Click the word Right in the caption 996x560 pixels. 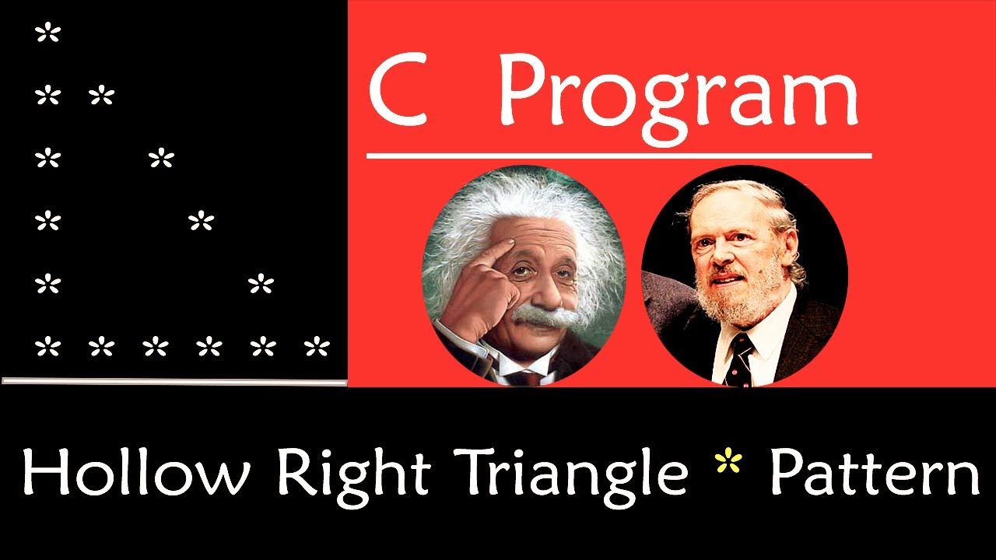[x=355, y=474]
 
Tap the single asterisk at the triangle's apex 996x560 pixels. [x=47, y=33]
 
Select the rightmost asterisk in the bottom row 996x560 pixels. [x=317, y=347]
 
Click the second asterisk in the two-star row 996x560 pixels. [x=101, y=96]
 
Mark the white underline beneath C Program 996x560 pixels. [x=619, y=156]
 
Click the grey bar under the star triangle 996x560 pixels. [x=174, y=381]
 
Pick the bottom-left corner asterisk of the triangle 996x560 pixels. [x=47, y=347]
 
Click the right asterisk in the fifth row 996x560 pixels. [x=261, y=285]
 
